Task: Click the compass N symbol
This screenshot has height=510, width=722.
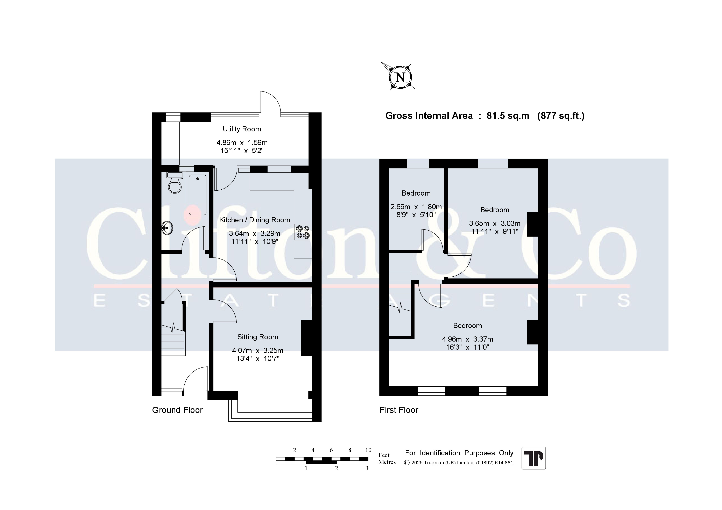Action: tap(400, 77)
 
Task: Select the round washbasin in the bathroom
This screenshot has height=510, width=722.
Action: tap(167, 227)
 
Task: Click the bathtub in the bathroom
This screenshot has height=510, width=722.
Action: tap(198, 195)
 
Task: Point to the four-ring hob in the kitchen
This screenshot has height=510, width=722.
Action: tap(303, 232)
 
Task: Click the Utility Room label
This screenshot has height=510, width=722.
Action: tap(242, 129)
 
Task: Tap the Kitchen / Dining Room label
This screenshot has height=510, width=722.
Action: tap(254, 220)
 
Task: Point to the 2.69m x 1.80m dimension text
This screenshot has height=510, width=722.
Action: tap(416, 207)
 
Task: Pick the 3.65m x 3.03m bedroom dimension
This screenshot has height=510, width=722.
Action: tap(495, 223)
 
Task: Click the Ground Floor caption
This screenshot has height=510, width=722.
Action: tap(177, 410)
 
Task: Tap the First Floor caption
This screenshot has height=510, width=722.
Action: tap(399, 410)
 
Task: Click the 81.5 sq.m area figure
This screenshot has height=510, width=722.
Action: tap(508, 116)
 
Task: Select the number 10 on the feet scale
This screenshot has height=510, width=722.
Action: tap(368, 450)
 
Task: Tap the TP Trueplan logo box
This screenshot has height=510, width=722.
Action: tap(534, 458)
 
